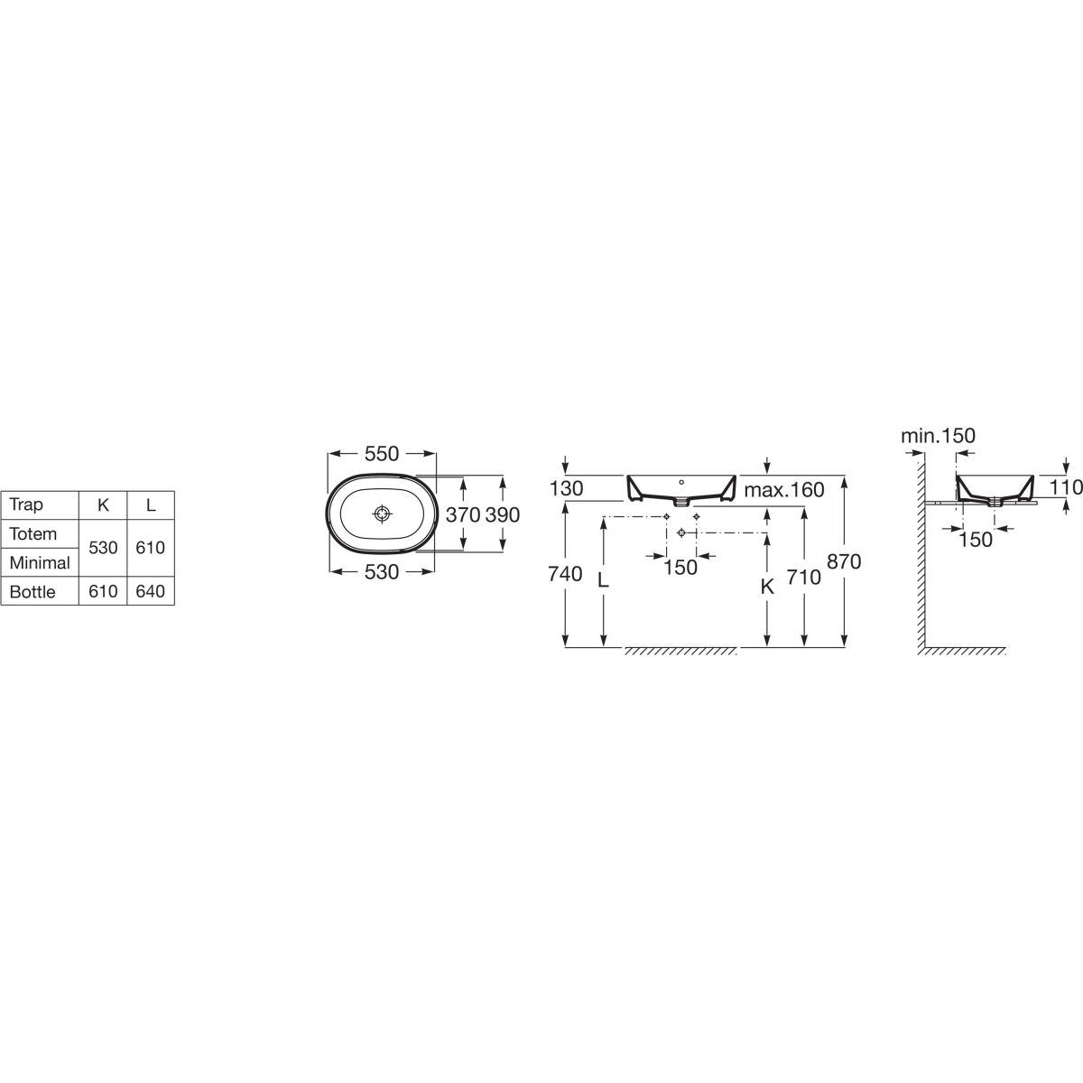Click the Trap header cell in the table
point(26,504)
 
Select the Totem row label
point(33,534)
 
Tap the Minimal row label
point(40,562)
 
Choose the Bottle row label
point(32,592)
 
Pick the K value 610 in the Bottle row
point(103,592)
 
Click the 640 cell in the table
point(150,592)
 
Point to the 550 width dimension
point(382,454)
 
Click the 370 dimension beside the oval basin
point(463,514)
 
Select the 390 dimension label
point(503,514)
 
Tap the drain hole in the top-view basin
point(382,514)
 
